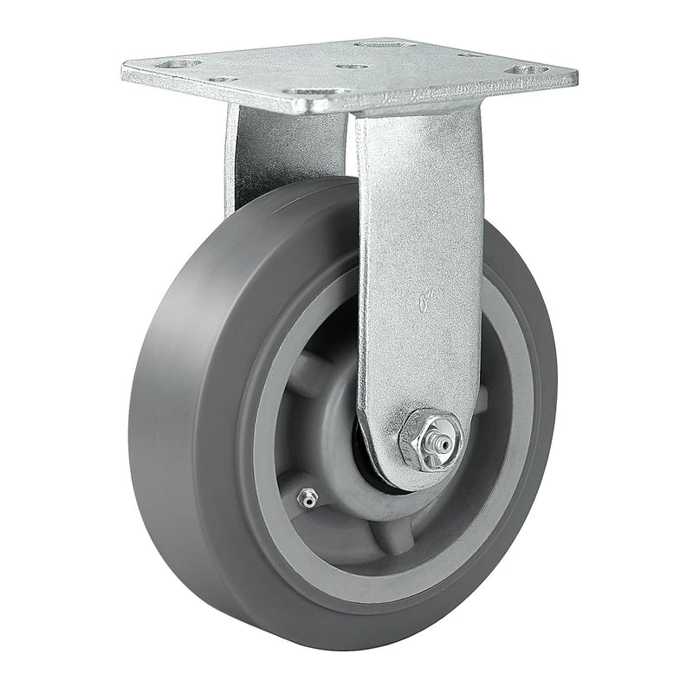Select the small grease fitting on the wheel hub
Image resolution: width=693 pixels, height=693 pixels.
click(x=306, y=496)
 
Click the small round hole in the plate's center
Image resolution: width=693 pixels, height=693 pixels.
click(x=352, y=66)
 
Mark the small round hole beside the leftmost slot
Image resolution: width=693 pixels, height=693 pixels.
click(x=222, y=79)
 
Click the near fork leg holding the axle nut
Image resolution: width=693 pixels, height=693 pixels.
click(x=418, y=260)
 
